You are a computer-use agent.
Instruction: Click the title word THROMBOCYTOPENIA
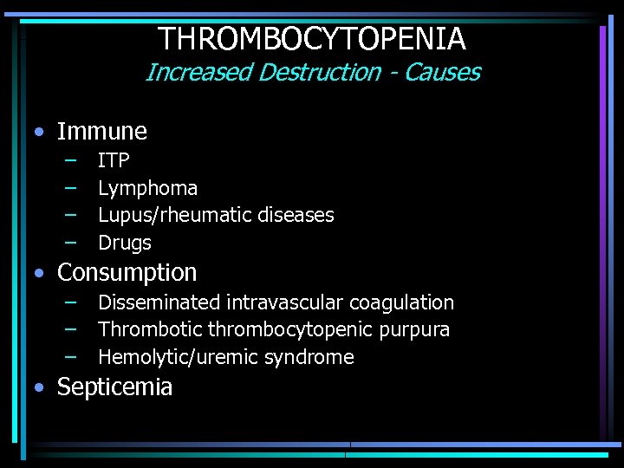click(312, 39)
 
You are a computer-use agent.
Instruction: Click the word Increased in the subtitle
click(198, 73)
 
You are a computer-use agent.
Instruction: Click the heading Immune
click(102, 132)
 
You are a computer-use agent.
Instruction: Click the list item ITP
click(114, 160)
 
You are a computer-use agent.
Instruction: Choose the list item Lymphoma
click(147, 188)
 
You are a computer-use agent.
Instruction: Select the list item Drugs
click(125, 243)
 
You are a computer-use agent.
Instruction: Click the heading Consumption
click(127, 272)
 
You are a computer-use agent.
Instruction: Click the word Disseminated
click(159, 302)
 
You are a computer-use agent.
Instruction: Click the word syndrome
click(314, 357)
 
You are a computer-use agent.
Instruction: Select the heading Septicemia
click(114, 387)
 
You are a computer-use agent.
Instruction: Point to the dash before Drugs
click(69, 242)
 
